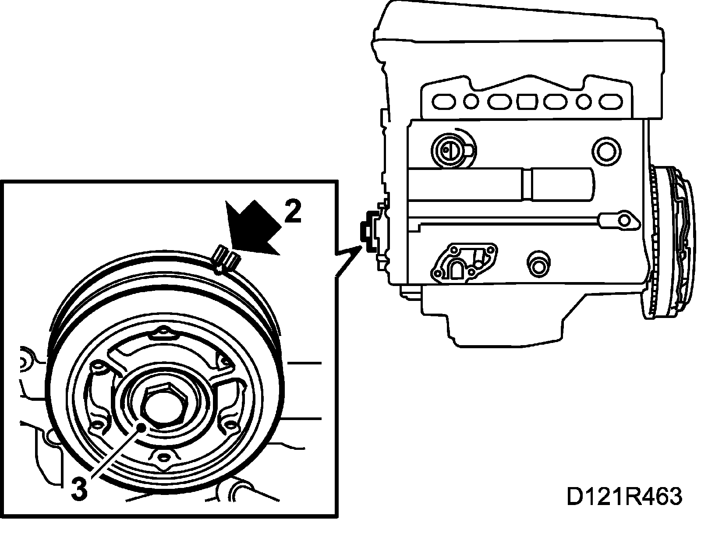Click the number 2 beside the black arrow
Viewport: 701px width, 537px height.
click(293, 212)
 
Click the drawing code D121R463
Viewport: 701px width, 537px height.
click(624, 496)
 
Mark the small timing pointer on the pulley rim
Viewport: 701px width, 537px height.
click(226, 260)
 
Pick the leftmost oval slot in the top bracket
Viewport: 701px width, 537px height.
click(444, 102)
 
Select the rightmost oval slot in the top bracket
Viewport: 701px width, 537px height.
click(611, 102)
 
